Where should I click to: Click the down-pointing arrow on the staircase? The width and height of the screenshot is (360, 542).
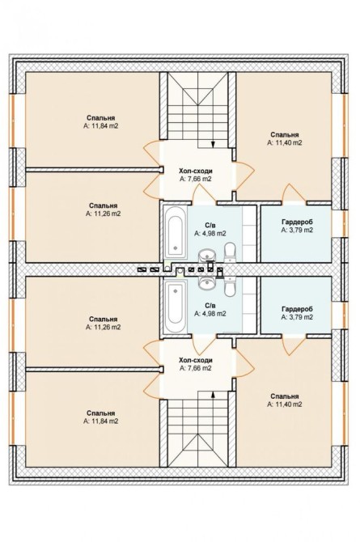pos(213,144)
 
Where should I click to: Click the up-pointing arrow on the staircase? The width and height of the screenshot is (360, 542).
pos(213,395)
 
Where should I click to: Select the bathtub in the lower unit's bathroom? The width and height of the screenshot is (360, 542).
pos(176,307)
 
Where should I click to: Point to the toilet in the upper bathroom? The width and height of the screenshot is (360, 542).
pos(230,252)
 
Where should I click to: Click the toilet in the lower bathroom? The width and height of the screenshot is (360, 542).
pos(230,286)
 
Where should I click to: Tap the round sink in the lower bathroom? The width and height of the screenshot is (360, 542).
pos(207,283)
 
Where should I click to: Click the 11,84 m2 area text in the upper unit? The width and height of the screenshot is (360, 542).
pos(100,126)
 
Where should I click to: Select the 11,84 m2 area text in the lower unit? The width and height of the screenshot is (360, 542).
pos(100,421)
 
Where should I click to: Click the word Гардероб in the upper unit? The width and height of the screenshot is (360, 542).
pos(297,222)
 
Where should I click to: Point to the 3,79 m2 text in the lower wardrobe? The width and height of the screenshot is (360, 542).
pos(297,316)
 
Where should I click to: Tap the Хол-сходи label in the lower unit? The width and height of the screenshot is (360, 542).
pos(196,361)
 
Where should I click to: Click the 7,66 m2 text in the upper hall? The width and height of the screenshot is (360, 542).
pos(196,179)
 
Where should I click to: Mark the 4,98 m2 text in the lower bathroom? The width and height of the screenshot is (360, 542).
pos(210,314)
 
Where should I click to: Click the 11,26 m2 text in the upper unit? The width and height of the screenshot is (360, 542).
pos(103,214)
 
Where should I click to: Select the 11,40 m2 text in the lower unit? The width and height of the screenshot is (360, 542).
pos(285,404)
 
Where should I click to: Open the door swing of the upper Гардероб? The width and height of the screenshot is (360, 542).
pos(292,193)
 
